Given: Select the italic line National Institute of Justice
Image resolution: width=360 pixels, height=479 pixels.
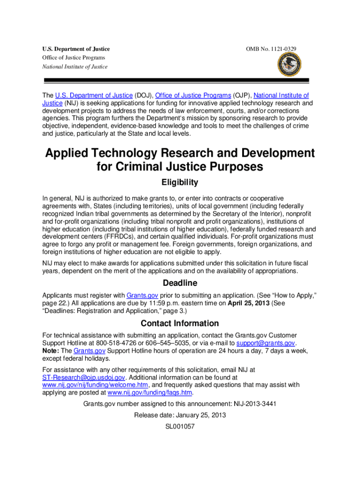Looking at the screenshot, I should pyautogui.click(x=75, y=66).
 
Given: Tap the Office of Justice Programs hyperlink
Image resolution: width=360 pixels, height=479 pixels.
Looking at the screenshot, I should pyautogui.click(x=193, y=95).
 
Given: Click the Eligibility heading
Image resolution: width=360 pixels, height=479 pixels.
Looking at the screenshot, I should pyautogui.click(x=180, y=182).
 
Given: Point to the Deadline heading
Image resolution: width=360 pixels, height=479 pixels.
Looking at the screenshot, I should pyautogui.click(x=180, y=283).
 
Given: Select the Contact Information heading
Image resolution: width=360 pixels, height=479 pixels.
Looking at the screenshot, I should pyautogui.click(x=180, y=323).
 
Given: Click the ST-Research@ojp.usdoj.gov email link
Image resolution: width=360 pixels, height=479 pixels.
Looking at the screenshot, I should pyautogui.click(x=84, y=377).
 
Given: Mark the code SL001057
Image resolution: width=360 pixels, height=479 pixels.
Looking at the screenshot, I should pyautogui.click(x=180, y=426).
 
